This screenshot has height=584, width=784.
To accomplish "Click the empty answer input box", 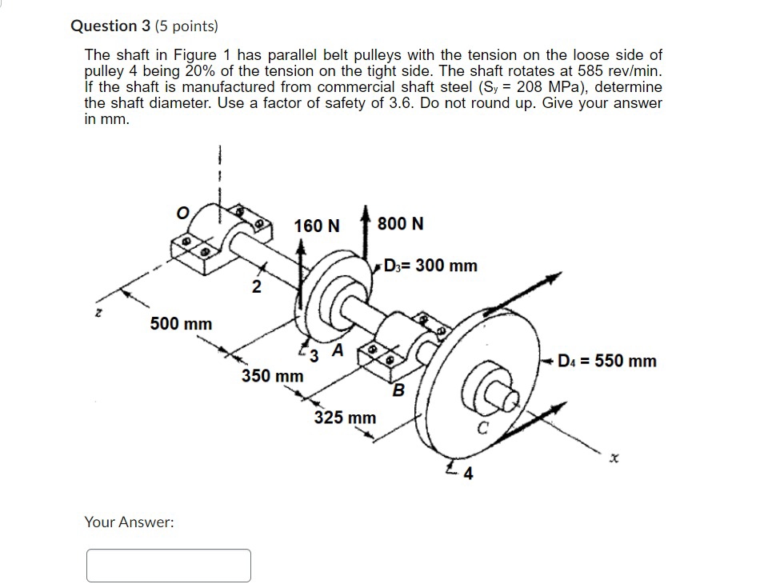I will click(x=169, y=565).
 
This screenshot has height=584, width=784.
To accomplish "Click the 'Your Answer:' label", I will click(x=129, y=522).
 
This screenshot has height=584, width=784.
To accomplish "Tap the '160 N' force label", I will click(x=316, y=226).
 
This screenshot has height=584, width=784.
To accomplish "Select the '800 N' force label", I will click(x=400, y=223).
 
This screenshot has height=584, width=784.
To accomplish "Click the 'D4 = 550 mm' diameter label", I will click(x=608, y=361).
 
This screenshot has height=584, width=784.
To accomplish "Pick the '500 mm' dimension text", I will click(x=182, y=324).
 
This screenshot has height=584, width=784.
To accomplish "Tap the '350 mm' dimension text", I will click(x=273, y=375).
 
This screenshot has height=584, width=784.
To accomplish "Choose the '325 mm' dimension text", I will click(x=344, y=418).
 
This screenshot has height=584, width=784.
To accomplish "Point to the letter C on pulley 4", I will click(x=482, y=427).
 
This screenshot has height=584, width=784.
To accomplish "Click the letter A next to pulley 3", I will click(x=338, y=350).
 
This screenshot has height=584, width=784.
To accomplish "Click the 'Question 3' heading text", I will click(x=104, y=26).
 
